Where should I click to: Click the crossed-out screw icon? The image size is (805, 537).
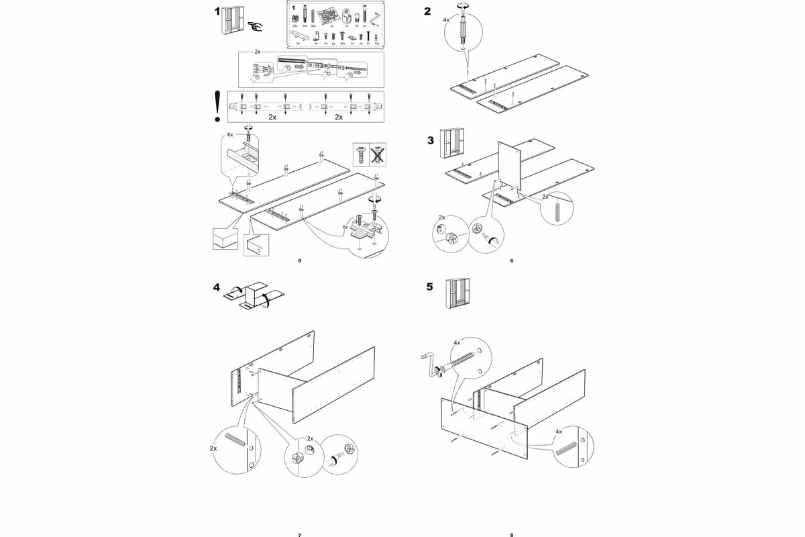[378, 155]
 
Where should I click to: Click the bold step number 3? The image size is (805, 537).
[431, 140]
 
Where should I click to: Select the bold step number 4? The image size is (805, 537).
[217, 287]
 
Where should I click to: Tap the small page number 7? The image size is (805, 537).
[299, 535]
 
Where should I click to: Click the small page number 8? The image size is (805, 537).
[511, 535]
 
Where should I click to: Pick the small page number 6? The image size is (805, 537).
[511, 260]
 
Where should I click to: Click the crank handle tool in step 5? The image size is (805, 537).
[430, 365]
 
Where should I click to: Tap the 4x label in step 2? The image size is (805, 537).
[447, 20]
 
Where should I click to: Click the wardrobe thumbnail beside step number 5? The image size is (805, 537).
[457, 294]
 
